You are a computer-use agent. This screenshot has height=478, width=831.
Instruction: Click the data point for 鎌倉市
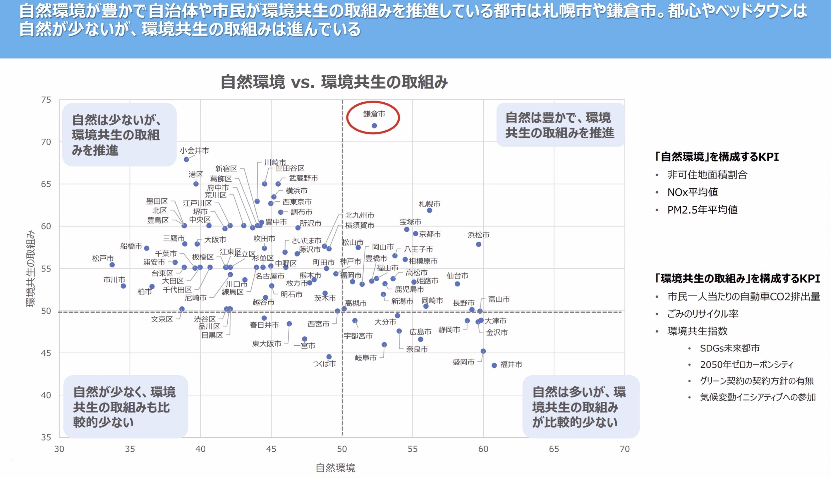pos(374,126)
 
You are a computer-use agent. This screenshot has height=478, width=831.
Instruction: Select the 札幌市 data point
pos(430,210)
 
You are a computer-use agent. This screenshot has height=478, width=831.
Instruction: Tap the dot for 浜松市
pos(479,244)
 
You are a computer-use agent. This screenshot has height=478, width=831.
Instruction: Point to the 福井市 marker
pos(494,365)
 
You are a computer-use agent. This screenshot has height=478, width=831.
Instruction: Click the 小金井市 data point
pos(186,159)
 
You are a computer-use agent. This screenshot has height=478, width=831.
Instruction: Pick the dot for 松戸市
pos(112,265)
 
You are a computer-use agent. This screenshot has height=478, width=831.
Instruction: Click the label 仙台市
pos(457,276)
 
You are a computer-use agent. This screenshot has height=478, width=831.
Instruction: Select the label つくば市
pos(324,364)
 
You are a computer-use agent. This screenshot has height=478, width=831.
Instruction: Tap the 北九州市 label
pos(360,215)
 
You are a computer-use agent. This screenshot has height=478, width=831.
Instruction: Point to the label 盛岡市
pos(463,362)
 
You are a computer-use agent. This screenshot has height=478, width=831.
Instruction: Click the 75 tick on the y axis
pos(46,100)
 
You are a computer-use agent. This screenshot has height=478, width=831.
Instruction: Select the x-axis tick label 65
pos(554,449)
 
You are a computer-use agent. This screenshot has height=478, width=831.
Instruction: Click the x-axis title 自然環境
pos(335,467)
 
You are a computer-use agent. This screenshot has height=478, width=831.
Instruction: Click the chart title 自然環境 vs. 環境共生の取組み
pos(334,82)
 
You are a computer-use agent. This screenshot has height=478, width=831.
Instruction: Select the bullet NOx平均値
pos(692,192)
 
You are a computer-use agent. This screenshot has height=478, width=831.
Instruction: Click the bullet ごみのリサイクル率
pos(703,314)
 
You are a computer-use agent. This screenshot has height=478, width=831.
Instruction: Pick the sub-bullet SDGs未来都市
pos(729,348)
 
